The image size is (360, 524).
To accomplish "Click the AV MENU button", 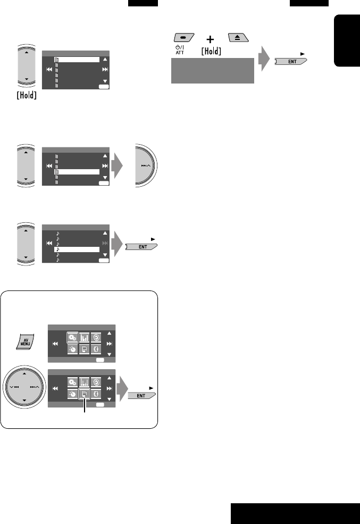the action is click(x=24, y=340).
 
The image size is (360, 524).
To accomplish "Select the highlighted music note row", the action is click(x=77, y=249).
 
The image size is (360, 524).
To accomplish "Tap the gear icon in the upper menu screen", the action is click(x=72, y=337).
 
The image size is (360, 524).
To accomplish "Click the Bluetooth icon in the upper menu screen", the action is click(x=97, y=350).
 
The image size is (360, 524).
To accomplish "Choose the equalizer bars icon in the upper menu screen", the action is click(x=85, y=337).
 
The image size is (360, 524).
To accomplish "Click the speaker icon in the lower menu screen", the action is click(x=97, y=381).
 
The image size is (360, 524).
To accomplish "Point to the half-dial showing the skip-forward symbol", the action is click(x=146, y=166).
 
